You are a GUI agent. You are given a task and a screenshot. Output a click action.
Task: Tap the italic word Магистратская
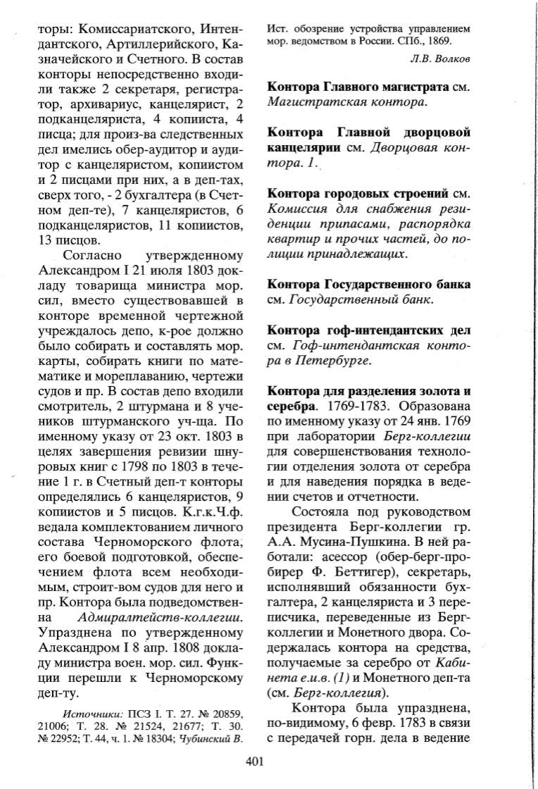(305, 104)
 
